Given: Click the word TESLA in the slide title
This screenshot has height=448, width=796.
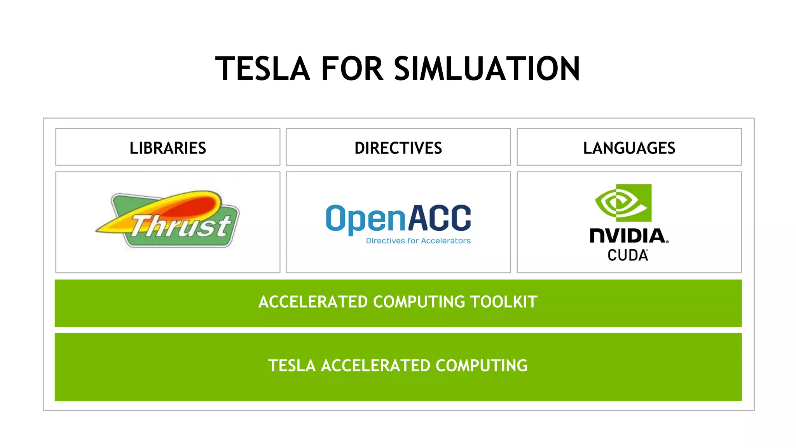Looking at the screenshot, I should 263,69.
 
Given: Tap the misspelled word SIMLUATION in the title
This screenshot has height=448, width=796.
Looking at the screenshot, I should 487,69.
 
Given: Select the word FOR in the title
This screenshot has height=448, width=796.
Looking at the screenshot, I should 352,69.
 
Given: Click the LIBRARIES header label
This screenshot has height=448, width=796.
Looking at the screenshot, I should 168,148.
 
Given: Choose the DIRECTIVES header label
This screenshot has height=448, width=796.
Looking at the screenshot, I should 398,148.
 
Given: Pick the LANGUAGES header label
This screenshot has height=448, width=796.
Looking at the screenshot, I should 629,148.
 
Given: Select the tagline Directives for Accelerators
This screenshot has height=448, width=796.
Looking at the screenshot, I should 418,241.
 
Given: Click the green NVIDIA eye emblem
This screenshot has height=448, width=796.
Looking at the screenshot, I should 623,203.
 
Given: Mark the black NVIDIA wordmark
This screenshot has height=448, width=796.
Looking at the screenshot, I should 628,236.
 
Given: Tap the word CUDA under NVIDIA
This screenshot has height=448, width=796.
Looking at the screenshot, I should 628,255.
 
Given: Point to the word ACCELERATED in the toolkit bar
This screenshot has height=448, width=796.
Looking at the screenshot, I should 313,302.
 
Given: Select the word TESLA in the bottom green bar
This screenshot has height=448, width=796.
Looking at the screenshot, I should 292,366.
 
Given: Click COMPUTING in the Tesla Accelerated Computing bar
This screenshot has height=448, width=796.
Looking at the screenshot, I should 482,366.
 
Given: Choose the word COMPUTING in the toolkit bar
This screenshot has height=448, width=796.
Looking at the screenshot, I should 419,302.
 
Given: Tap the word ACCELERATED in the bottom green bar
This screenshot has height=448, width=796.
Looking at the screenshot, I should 375,366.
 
